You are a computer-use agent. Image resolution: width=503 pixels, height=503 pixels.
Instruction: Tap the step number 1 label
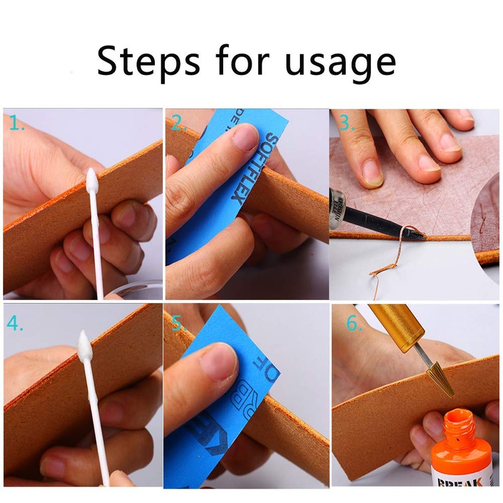pos(16,124)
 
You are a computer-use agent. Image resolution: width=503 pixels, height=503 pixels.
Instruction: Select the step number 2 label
pos(179,124)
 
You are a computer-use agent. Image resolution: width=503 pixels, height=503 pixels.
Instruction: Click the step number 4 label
pos(16,324)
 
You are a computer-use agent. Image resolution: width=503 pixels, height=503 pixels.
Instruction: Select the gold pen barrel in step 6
pos(396,324)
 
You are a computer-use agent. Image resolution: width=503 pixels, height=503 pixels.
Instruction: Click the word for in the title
pos(245,61)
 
